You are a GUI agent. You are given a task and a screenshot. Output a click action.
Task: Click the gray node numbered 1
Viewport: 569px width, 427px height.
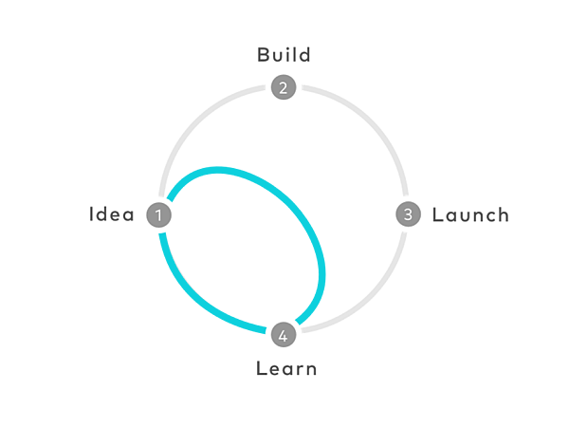tap(158, 215)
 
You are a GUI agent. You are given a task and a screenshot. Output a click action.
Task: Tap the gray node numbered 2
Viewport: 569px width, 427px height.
tap(284, 87)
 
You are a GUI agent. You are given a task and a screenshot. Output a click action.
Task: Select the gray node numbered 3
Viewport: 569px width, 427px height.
tap(408, 214)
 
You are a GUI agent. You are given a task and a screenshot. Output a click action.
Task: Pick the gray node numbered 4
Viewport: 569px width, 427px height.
tap(284, 334)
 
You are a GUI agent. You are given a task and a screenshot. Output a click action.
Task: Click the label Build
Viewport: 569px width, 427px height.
tap(284, 55)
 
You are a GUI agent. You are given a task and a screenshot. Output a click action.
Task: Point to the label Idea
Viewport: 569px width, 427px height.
tap(111, 214)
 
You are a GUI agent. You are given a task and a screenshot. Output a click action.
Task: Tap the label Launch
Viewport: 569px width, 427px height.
tap(470, 214)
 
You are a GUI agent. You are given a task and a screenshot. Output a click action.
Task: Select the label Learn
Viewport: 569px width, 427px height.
tap(286, 368)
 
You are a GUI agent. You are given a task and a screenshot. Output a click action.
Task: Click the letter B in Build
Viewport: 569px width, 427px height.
tap(263, 55)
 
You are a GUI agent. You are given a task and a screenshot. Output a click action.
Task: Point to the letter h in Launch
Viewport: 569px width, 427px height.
tap(503, 214)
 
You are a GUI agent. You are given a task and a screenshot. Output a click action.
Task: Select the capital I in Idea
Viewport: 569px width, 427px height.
tap(91, 214)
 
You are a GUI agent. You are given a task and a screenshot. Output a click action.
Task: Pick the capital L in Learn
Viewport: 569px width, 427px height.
tap(262, 368)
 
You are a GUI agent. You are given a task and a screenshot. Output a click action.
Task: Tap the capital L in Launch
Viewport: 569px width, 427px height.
tap(437, 214)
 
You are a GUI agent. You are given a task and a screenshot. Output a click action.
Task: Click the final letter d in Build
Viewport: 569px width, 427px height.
tap(304, 55)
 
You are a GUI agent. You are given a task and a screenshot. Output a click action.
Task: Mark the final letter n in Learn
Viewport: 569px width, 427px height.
tap(310, 370)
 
